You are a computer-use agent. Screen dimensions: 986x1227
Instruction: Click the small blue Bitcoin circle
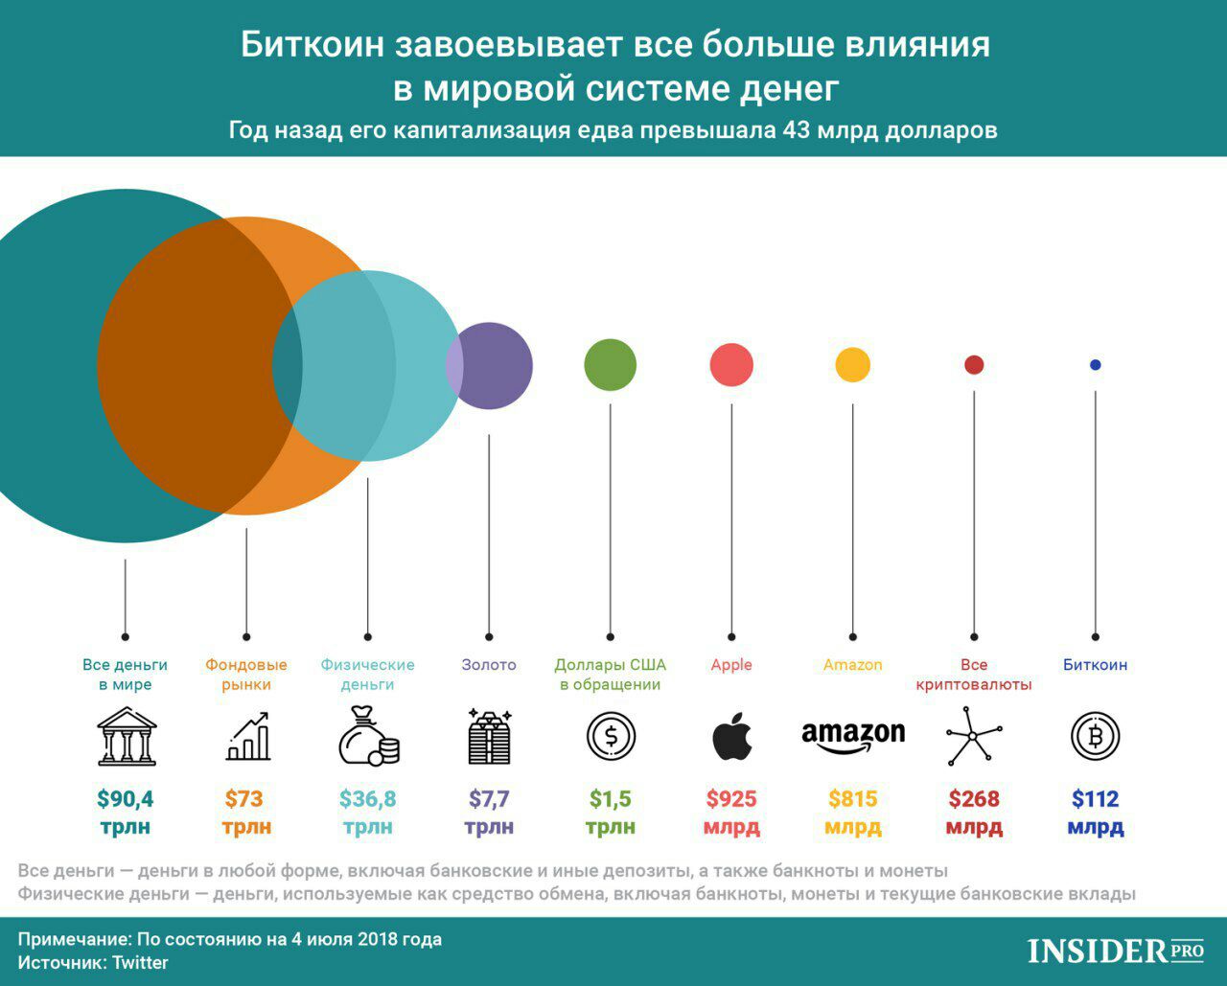pos(1096,365)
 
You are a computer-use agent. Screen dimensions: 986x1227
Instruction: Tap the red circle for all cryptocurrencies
pos(974,365)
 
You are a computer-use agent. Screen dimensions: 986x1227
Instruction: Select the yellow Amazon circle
pos(852,365)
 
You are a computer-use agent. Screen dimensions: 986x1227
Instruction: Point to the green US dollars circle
pos(611,365)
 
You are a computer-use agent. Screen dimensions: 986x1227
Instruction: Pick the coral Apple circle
pos(731,365)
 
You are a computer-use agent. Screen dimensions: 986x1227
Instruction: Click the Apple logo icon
pos(731,736)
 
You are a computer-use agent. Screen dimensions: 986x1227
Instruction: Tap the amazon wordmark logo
pos(852,735)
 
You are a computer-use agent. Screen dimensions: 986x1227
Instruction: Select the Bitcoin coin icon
pos(1096,736)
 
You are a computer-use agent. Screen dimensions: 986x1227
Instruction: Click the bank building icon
pos(126,736)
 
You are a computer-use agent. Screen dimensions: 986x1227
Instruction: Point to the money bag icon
pos(368,736)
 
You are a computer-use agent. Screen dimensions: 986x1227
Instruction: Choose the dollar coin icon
pos(611,736)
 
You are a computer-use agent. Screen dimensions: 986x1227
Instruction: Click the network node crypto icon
pos(974,736)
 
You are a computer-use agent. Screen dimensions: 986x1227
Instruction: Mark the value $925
pos(731,798)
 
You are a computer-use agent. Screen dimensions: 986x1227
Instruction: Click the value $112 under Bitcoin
pos(1096,798)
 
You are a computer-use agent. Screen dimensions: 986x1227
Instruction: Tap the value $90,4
pos(126,798)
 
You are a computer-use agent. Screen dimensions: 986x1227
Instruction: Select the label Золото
pos(489,665)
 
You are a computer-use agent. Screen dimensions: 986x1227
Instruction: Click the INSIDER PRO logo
pos(1115,951)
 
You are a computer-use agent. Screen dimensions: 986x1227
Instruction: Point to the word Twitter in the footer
pos(140,963)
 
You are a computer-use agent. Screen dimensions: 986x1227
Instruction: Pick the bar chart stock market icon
pos(247,736)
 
